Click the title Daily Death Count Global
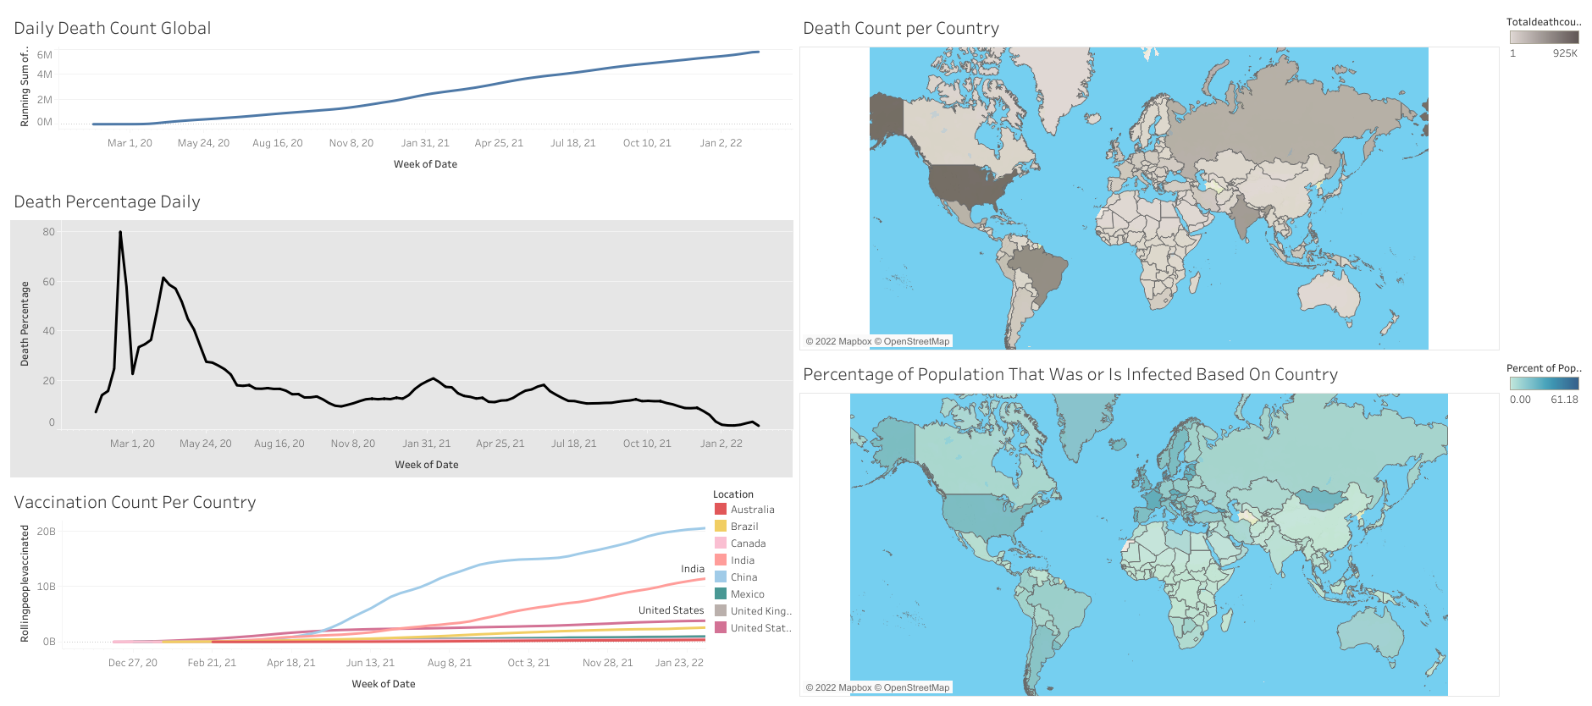click(112, 28)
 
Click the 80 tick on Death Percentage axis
click(49, 232)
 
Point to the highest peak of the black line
click(120, 232)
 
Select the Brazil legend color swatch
click(721, 527)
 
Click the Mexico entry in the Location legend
click(747, 594)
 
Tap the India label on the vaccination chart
click(692, 569)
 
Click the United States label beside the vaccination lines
click(671, 610)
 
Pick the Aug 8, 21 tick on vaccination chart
click(449, 663)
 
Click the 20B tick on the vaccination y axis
click(47, 532)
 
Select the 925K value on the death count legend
click(1564, 53)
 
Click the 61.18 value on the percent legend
click(1564, 400)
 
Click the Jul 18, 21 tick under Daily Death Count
click(572, 143)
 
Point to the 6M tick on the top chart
click(45, 55)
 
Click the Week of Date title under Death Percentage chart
click(426, 465)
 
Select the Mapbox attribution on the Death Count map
click(877, 341)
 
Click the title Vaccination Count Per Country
click(135, 502)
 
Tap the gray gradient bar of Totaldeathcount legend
click(1544, 37)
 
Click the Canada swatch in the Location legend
click(721, 543)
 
